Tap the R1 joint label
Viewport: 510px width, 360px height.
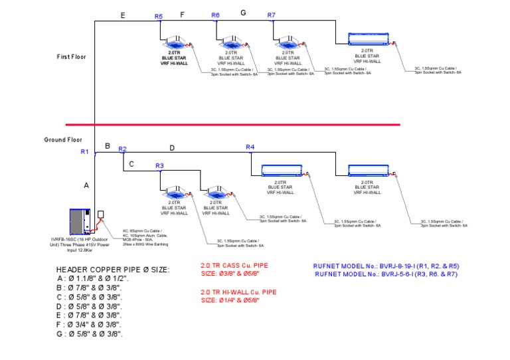[x=84, y=152]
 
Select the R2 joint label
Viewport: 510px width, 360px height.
[x=122, y=149]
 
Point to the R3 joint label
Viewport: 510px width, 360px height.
[x=159, y=165]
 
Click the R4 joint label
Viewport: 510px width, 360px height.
[x=250, y=147]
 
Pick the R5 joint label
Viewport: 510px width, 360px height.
[x=158, y=16]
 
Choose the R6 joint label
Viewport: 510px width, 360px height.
[x=215, y=15]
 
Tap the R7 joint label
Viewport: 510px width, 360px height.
[x=271, y=15]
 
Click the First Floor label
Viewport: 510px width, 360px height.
[x=71, y=57]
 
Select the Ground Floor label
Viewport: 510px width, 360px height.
[x=63, y=139]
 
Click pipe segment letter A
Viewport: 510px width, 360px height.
[x=86, y=186]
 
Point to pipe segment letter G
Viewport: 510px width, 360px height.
[x=243, y=13]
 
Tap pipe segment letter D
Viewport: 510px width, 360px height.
[x=172, y=148]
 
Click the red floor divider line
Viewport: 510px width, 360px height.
[x=232, y=124]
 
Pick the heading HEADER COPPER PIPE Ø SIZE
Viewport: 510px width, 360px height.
[x=113, y=269]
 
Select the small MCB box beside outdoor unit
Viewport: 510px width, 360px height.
[x=101, y=215]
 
